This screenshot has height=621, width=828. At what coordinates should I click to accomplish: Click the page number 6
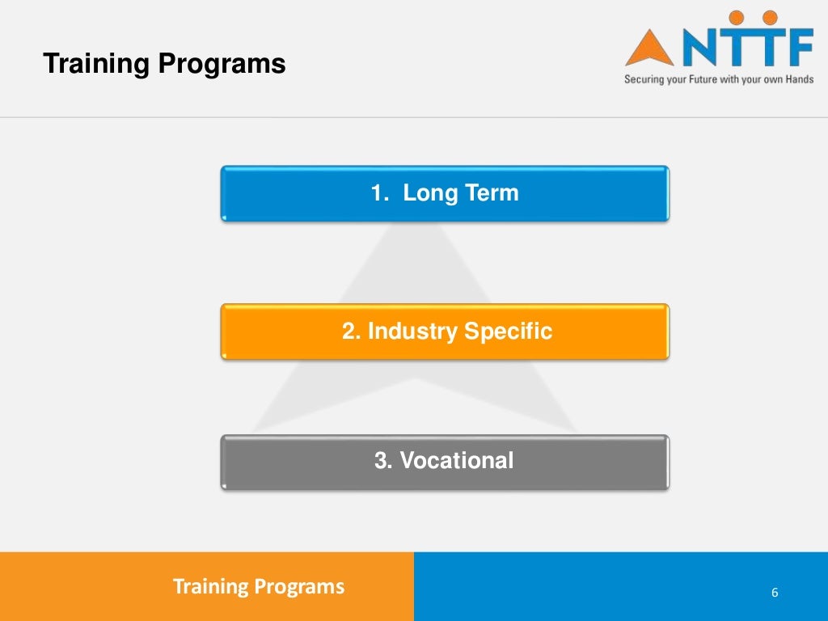pyautogui.click(x=775, y=593)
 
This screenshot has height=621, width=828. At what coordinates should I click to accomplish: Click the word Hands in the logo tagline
pyautogui.click(x=800, y=80)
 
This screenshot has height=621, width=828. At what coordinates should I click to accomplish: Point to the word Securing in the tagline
pyautogui.click(x=642, y=80)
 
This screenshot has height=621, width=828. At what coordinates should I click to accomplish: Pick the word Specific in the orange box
pyautogui.click(x=508, y=331)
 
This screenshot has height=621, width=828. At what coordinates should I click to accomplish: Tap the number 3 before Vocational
pyautogui.click(x=382, y=461)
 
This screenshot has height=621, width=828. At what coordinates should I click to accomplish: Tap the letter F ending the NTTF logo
pyautogui.click(x=796, y=48)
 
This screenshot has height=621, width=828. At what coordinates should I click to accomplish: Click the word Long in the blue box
pyautogui.click(x=430, y=193)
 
